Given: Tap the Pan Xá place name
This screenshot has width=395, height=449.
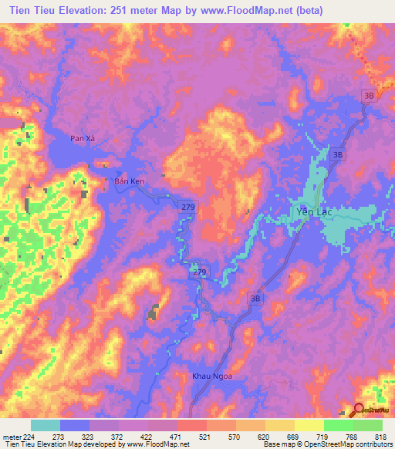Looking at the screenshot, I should tap(83, 138).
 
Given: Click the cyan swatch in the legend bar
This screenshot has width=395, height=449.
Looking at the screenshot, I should tap(46, 425).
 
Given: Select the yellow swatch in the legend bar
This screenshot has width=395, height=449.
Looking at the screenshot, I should tap(309, 425).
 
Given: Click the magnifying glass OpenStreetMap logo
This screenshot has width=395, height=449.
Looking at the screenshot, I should tap(358, 411).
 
